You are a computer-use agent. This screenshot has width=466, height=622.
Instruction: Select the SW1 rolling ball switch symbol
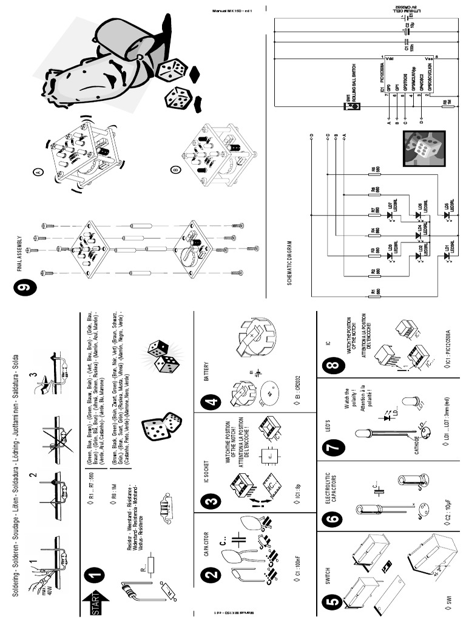354,107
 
